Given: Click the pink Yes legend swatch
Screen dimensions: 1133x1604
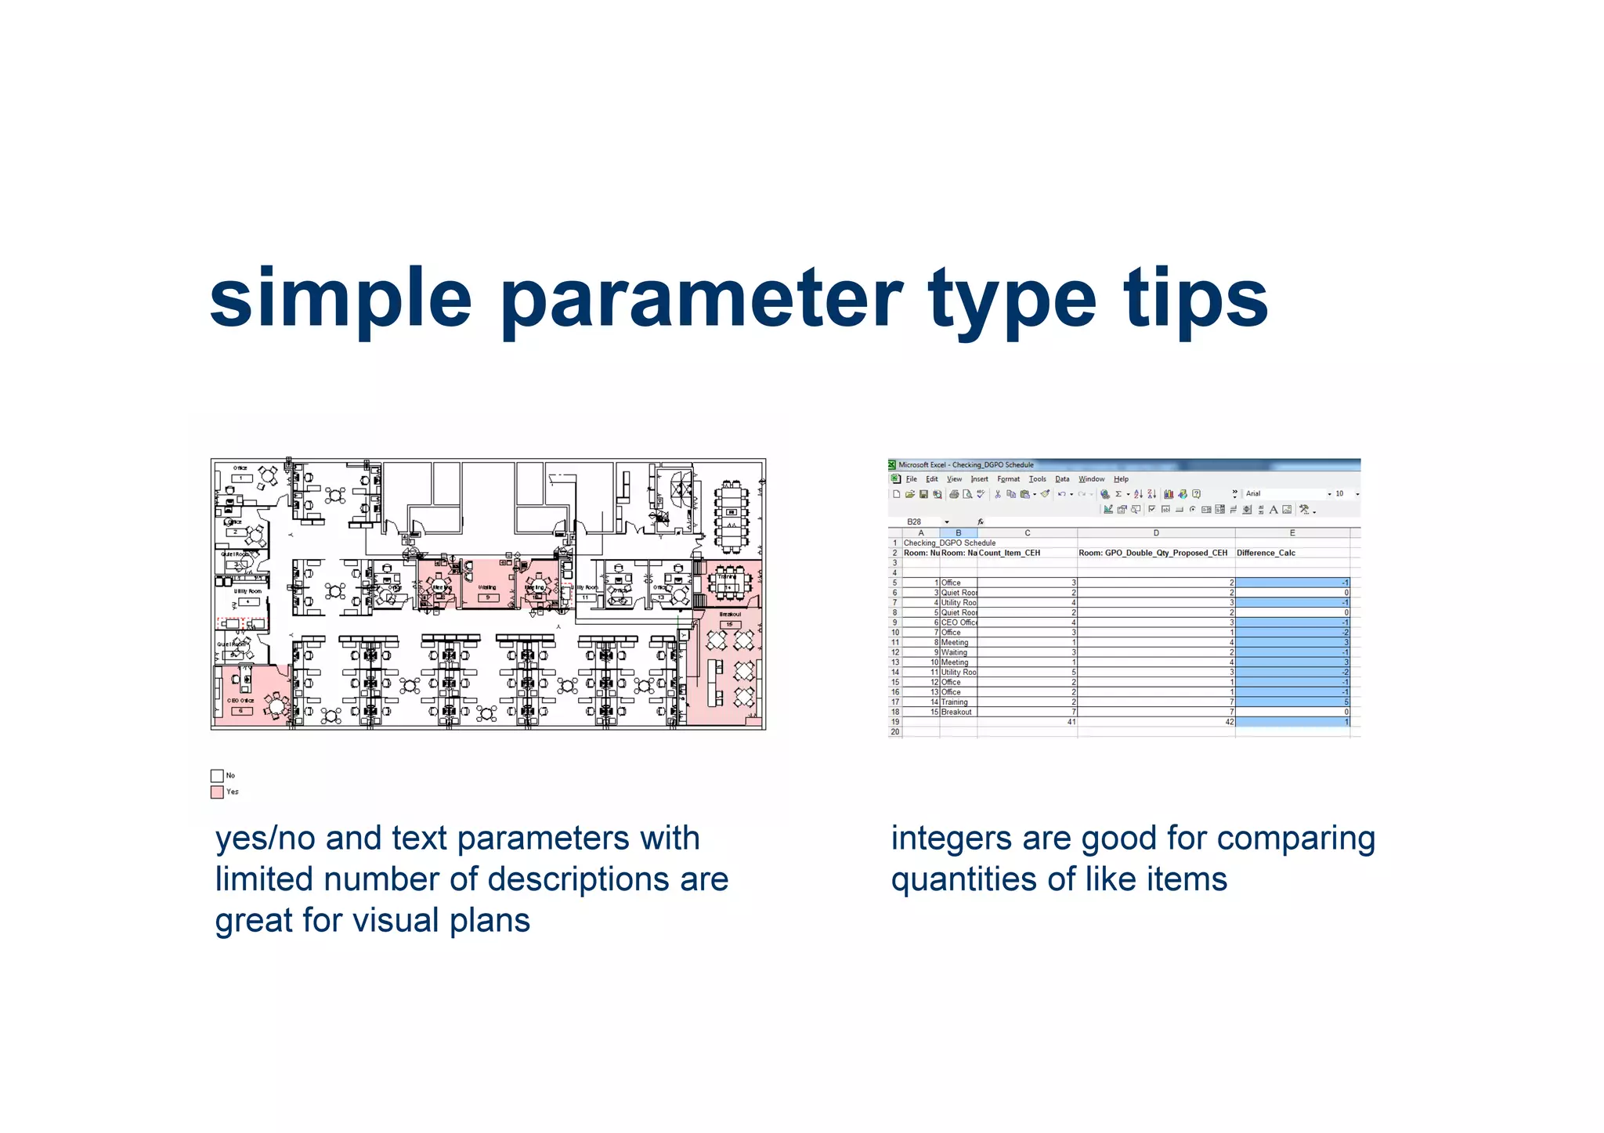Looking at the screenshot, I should [x=217, y=792].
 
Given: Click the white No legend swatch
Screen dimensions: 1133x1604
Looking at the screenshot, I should [x=217, y=775].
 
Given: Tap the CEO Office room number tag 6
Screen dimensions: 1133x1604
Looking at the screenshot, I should [x=241, y=711].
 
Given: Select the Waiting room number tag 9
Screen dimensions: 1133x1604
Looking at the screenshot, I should [x=487, y=597].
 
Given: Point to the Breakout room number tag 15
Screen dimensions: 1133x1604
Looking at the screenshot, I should [x=729, y=624].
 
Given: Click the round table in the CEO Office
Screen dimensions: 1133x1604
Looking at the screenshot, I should [x=276, y=706].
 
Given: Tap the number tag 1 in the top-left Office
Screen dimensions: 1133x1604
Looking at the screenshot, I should [x=241, y=478].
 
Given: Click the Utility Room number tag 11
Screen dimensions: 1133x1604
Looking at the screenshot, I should [x=585, y=597].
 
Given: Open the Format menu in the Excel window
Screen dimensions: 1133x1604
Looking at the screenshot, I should [x=1008, y=479].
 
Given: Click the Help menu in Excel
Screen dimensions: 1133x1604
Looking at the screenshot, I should [x=1121, y=479].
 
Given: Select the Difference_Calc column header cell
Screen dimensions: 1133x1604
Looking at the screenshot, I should [x=1292, y=553].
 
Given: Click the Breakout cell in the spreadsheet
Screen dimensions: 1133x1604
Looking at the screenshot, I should [x=958, y=712].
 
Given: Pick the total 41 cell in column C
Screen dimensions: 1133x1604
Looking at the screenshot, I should [x=1027, y=722].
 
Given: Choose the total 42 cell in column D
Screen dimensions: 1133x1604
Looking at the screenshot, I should [x=1156, y=722].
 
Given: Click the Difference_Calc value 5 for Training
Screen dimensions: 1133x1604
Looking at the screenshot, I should [x=1292, y=702].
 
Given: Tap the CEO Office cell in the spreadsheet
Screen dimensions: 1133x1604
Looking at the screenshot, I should [x=959, y=622].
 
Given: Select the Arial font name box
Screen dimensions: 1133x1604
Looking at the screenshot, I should [x=1284, y=494].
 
